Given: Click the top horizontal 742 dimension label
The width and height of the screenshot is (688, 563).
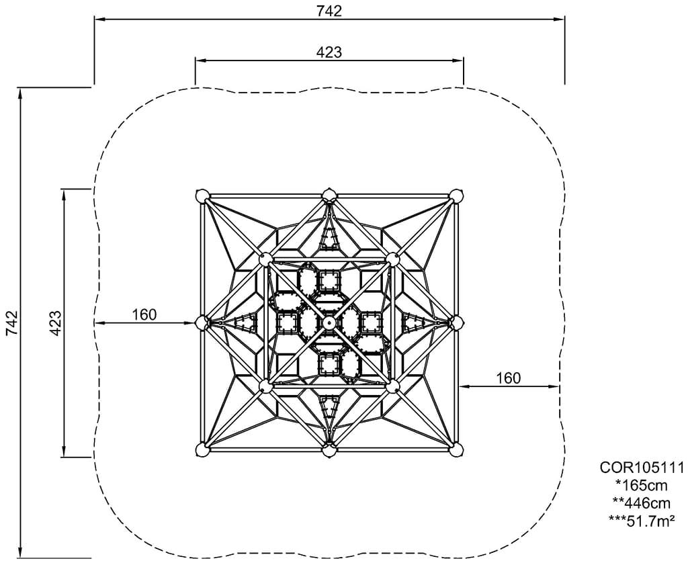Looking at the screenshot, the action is pos(329,11).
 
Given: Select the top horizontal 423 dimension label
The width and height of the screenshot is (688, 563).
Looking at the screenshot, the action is pos(329,52).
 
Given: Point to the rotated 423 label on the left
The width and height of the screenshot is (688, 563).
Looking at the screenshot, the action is pos(55,323).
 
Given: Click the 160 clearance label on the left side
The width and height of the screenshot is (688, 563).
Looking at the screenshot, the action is pos(144,314).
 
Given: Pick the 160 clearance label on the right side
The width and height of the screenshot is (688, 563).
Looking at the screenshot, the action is pos(509,378).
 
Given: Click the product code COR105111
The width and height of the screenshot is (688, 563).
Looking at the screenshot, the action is pos(642,468).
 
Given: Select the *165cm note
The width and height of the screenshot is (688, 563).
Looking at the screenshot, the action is pos(642,485).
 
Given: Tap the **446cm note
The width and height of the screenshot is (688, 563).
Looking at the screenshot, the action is pos(642,503).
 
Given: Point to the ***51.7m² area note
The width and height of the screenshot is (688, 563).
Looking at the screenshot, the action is pos(642,520).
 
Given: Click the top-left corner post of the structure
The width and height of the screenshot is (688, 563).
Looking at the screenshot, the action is pos(202,196).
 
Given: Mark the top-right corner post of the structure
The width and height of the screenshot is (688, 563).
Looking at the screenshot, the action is pos(456,196).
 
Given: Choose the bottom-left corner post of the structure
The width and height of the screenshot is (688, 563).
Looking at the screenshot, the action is pos(202,449).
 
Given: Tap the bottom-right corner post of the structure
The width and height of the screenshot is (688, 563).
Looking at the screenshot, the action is pos(456,449).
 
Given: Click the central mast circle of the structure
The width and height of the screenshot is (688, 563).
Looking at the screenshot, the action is pos(329,323).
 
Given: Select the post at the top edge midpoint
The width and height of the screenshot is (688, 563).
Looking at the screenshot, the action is pos(329,196).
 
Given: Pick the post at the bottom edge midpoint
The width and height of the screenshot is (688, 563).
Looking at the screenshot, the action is pos(329,451).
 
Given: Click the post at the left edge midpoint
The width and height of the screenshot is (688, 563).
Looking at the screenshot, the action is pos(202,323).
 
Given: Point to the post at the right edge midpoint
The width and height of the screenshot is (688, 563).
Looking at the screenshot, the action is pos(456,323).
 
